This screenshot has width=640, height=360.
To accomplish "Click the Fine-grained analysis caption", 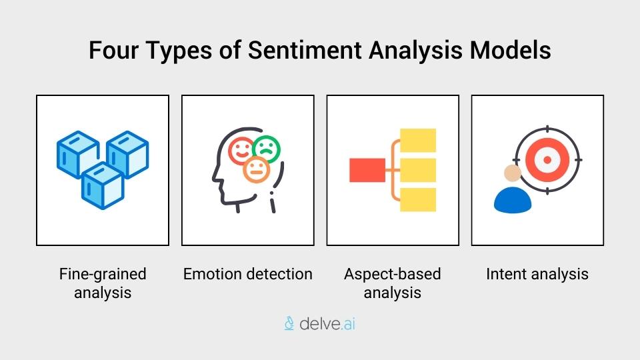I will click(102, 283).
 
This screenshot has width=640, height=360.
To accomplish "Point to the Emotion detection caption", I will click(247, 274).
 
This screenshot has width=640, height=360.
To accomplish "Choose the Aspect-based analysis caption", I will click(392, 283).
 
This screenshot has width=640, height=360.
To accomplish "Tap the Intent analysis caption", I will click(537, 274).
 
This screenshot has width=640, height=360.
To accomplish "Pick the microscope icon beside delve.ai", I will click(289, 324).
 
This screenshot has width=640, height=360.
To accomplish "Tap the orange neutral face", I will click(256, 170).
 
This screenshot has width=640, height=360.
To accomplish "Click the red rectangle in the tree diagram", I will click(367, 170).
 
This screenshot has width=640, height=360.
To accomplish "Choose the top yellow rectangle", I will click(417, 140).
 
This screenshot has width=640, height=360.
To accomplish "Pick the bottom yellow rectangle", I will click(417, 199).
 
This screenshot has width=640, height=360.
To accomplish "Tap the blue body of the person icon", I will click(513, 199).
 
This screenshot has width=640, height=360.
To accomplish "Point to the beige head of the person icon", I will click(512, 173).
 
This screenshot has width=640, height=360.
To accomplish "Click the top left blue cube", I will click(77, 151).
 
